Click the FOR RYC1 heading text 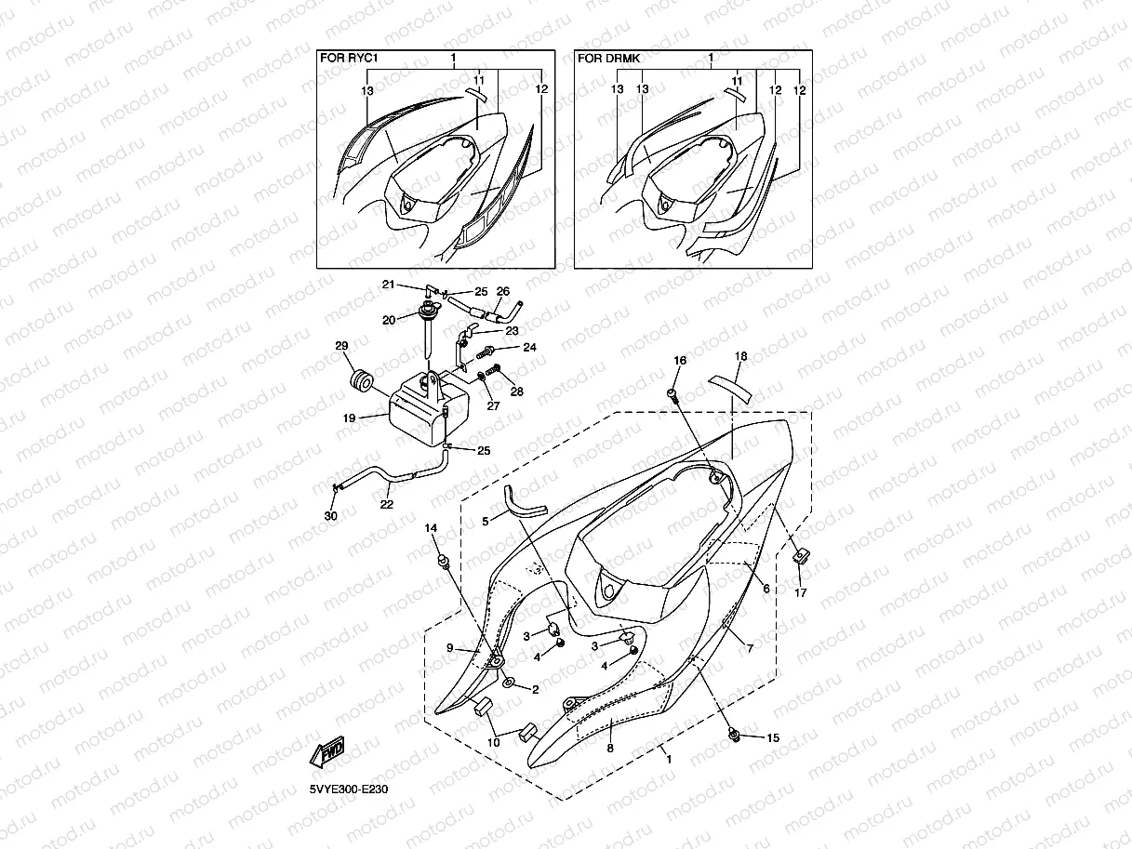tap(348, 58)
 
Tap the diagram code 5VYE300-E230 tap(349, 789)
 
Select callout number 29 tap(341, 347)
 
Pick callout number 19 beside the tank tap(349, 419)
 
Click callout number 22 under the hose tap(386, 504)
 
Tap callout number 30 tap(331, 516)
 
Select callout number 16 tap(679, 360)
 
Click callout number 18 tap(740, 356)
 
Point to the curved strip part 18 tap(734, 382)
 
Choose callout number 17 tap(800, 592)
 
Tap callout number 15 tap(772, 737)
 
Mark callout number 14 tap(431, 528)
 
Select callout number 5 tap(485, 523)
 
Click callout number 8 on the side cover tap(610, 748)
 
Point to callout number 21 tap(389, 285)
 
